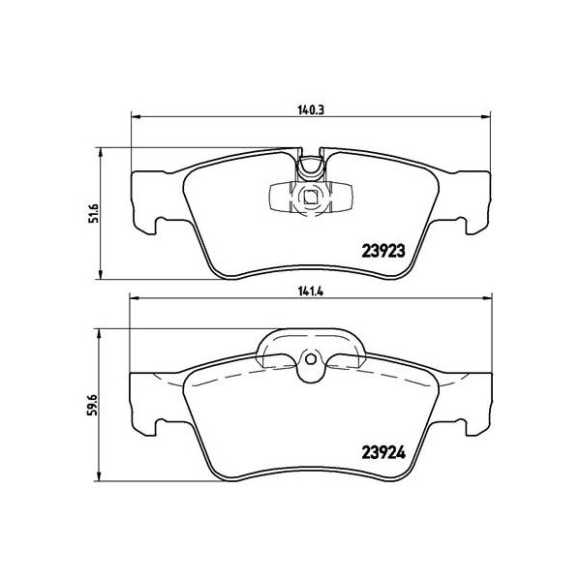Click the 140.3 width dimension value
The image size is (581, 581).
pyautogui.click(x=310, y=110)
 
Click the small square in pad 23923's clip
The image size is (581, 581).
pyautogui.click(x=311, y=201)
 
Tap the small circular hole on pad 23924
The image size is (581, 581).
pyautogui.click(x=310, y=366)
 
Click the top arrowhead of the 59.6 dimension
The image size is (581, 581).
pyautogui.click(x=101, y=330)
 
